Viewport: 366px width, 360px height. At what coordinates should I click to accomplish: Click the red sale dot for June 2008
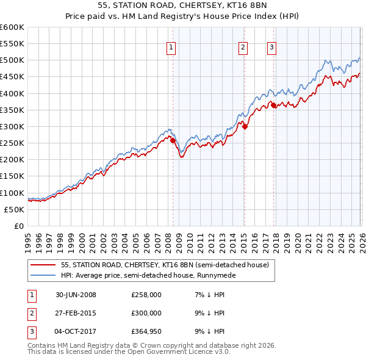point(173,140)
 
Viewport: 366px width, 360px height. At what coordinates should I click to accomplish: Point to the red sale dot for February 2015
point(245,126)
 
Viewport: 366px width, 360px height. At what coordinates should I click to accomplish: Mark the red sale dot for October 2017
point(273,105)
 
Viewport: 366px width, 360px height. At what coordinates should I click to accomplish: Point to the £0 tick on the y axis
point(20,226)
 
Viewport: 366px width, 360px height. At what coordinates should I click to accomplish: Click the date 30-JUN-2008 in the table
point(76,295)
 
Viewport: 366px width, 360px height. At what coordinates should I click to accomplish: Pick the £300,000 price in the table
point(146,313)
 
